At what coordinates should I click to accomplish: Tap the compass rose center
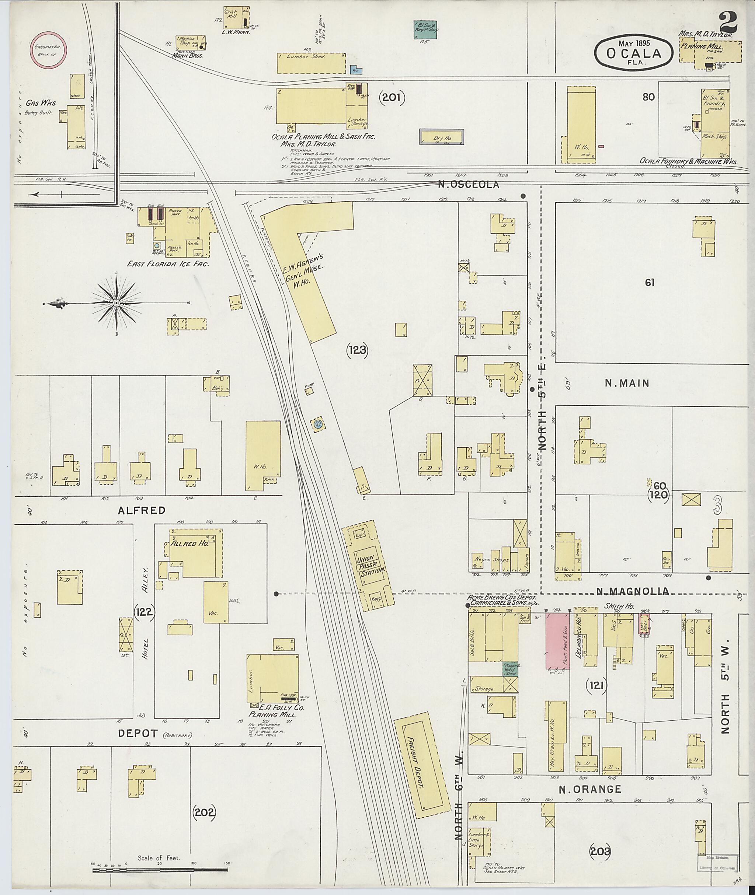click(116, 303)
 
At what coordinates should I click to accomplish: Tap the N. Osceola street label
click(468, 184)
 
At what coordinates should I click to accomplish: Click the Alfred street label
click(142, 510)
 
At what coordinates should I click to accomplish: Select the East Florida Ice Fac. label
click(168, 264)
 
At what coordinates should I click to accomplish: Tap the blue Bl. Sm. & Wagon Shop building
click(425, 30)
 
